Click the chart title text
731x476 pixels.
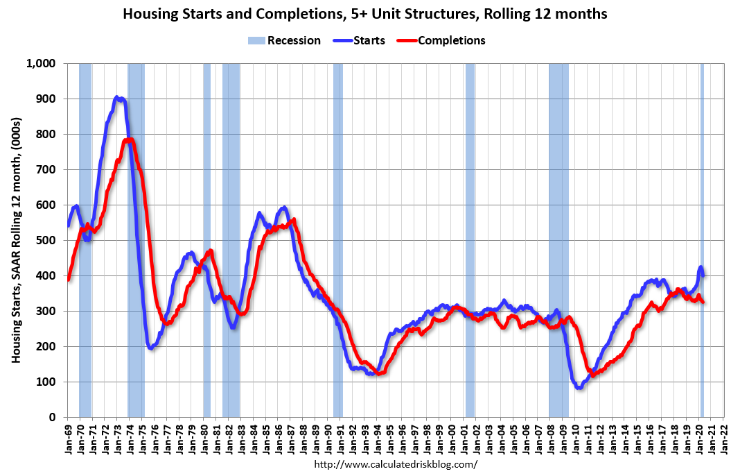(x=365, y=14)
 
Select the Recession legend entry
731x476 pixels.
(x=285, y=40)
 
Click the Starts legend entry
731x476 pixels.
(x=361, y=40)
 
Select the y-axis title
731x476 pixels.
(x=16, y=240)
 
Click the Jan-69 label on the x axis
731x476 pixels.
(x=69, y=436)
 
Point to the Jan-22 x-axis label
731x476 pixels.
(x=725, y=436)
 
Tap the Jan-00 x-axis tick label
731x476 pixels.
(x=452, y=436)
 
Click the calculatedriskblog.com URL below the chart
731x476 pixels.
(x=396, y=464)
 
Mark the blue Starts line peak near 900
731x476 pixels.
(x=118, y=98)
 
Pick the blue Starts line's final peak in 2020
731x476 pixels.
(x=701, y=267)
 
